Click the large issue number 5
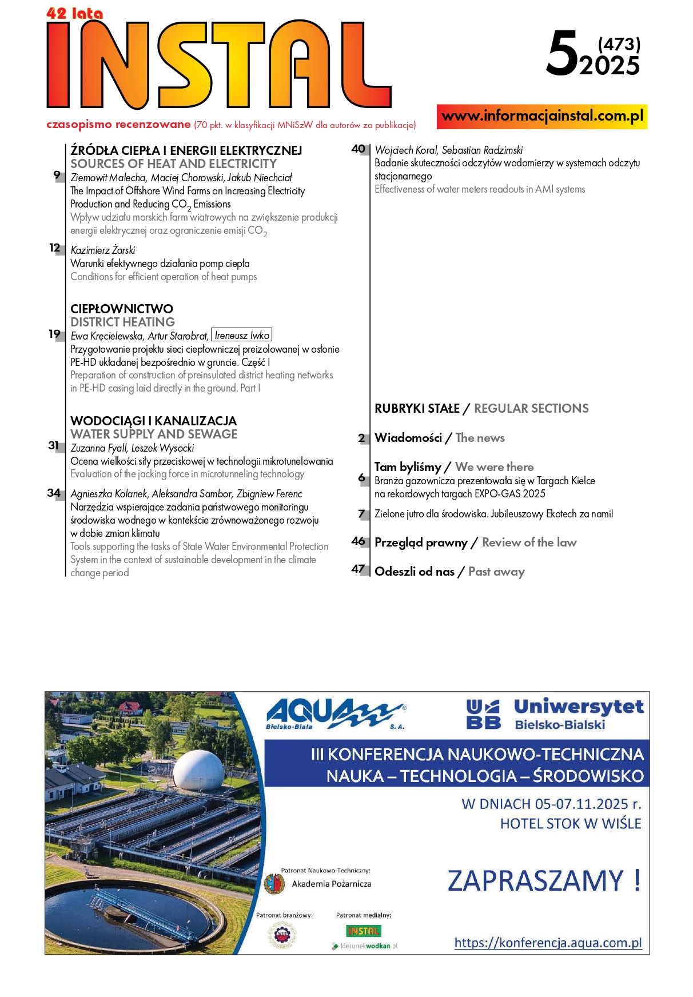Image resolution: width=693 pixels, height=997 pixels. click(562, 54)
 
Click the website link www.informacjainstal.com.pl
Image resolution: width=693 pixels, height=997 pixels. click(542, 116)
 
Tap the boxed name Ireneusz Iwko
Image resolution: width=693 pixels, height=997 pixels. click(242, 336)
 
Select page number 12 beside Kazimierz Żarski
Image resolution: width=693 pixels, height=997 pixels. click(55, 248)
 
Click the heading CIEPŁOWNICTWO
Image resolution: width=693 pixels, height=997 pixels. click(121, 309)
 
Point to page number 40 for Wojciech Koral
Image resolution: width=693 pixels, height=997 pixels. click(359, 149)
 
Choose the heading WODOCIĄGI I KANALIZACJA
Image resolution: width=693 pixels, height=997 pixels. click(153, 421)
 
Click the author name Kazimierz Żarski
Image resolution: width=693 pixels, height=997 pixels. click(103, 250)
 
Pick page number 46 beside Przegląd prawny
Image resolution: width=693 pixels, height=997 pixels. click(359, 541)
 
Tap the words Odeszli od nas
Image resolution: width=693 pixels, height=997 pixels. click(415, 571)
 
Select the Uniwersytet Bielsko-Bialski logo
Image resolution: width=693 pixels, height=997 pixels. click(555, 714)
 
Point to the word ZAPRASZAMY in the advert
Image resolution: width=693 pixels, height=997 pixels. click(535, 880)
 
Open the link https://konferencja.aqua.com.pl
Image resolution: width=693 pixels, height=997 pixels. click(548, 943)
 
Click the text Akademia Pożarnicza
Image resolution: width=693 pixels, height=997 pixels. click(331, 884)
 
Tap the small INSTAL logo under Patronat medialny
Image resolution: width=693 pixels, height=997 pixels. click(363, 931)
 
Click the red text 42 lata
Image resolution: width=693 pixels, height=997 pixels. click(74, 13)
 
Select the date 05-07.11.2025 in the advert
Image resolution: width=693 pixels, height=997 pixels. click(582, 804)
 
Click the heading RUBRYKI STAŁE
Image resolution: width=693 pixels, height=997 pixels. click(417, 408)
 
